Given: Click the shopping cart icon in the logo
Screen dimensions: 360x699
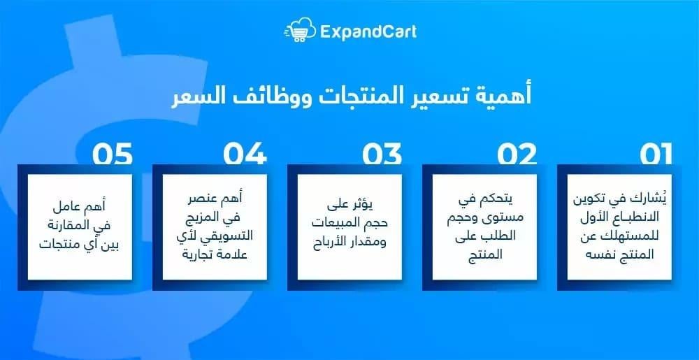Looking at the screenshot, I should [298, 31].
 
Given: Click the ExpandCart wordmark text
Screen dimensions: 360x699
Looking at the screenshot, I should [368, 31].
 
